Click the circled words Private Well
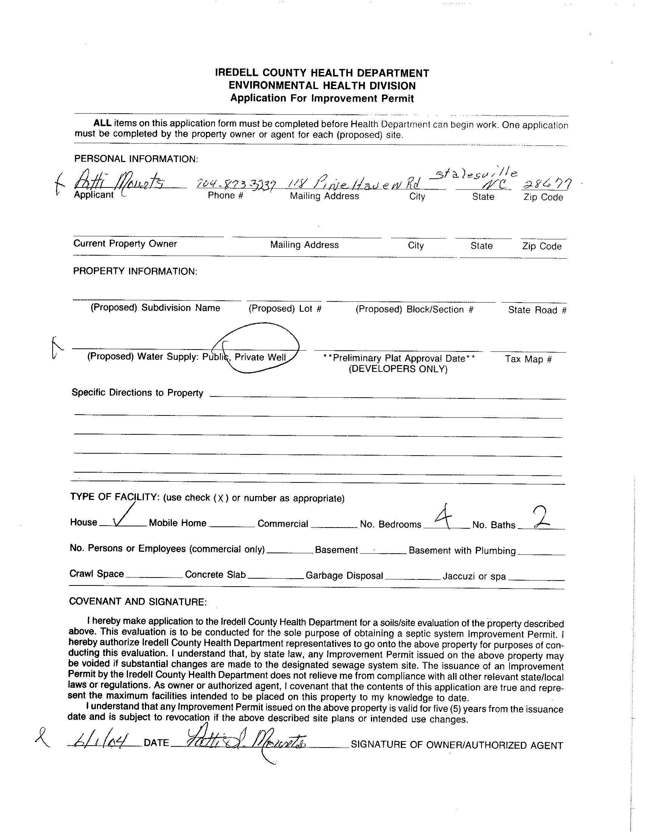tap(260, 357)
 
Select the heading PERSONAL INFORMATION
tap(136, 159)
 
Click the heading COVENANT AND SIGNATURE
tap(138, 601)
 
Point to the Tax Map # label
tap(528, 359)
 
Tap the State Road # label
tap(537, 310)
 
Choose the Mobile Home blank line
tap(232, 526)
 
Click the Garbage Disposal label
tap(344, 575)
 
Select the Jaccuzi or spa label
tap(474, 576)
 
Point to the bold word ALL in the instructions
tap(103, 123)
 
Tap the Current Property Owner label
tap(125, 244)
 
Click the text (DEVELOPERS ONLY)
tap(398, 369)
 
